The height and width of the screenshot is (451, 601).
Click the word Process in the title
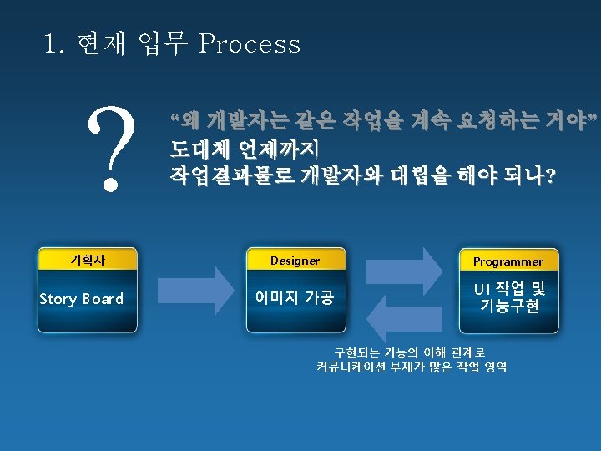250,43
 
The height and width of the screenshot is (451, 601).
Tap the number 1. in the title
55,43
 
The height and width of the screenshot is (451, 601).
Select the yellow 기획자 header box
87,260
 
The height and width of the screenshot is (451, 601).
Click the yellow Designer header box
295,261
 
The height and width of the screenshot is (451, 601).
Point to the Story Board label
82,299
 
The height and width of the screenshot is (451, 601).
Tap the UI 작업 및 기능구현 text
509,297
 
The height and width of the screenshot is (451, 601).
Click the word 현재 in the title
99,43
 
